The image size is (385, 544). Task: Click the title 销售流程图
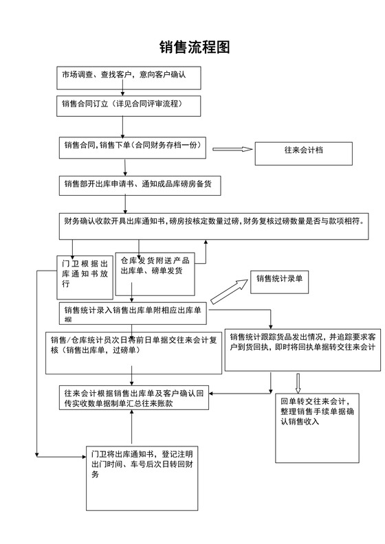click(x=195, y=47)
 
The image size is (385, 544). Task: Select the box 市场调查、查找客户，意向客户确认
click(x=129, y=78)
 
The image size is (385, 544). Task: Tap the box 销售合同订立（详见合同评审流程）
click(x=129, y=105)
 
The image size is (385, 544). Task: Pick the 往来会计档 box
click(x=303, y=153)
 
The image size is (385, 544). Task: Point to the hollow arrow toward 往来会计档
click(x=234, y=149)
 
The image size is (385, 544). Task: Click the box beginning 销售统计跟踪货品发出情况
click(x=303, y=346)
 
